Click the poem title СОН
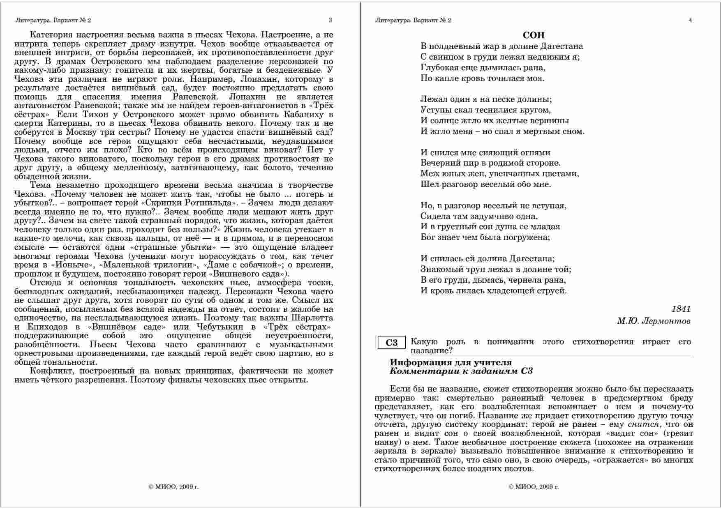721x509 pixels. point(534,35)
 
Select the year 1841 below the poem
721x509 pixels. point(681,309)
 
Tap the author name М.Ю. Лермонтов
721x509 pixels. point(654,321)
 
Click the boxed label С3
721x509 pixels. point(392,343)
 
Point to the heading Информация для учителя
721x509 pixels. point(451,362)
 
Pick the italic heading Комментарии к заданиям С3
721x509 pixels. point(461,371)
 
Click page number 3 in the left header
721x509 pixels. point(330,20)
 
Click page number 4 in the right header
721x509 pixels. point(690,20)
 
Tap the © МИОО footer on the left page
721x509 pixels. point(173,487)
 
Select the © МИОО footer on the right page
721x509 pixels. point(534,487)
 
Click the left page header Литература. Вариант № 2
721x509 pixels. point(53,20)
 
